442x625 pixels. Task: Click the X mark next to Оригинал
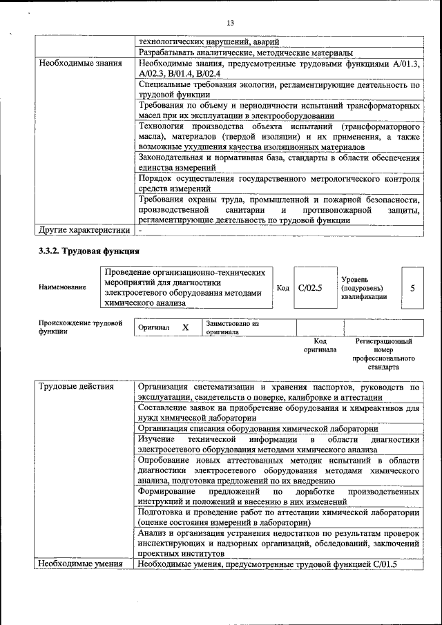pyautogui.click(x=185, y=328)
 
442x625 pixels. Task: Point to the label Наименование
pyautogui.click(x=63, y=287)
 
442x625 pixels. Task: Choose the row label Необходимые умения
pyautogui.click(x=81, y=564)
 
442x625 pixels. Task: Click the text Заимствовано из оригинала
pyautogui.click(x=232, y=327)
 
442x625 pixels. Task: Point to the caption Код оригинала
pyautogui.click(x=320, y=345)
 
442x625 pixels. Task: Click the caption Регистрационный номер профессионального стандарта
pyautogui.click(x=383, y=354)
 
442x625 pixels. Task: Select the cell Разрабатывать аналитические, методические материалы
pyautogui.click(x=246, y=52)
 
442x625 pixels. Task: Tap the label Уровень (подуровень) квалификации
pyautogui.click(x=364, y=287)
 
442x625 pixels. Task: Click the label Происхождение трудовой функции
pyautogui.click(x=80, y=327)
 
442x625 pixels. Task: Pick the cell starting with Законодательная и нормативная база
pyautogui.click(x=278, y=162)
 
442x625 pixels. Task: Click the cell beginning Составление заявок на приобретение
pyautogui.click(x=278, y=413)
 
